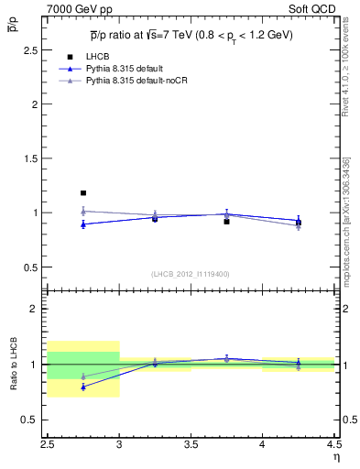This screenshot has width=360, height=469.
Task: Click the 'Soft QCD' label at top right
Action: pos(314,9)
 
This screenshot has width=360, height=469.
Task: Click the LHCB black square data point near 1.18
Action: pos(83,193)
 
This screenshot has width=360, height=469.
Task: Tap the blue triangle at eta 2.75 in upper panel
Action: pos(83,224)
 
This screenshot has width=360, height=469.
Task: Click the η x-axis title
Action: pos(335,456)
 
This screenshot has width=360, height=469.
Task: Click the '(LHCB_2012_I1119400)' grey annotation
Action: pos(191,274)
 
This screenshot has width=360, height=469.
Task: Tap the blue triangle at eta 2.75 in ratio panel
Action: pos(83,387)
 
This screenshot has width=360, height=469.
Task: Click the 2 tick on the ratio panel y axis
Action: pos(38,309)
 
